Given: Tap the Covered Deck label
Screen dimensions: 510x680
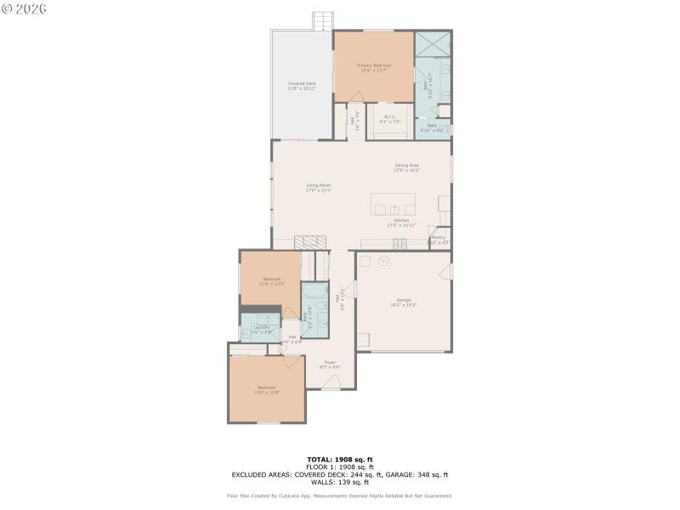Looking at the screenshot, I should pyautogui.click(x=301, y=83).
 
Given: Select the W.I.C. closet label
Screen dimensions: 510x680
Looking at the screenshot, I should pyautogui.click(x=390, y=117).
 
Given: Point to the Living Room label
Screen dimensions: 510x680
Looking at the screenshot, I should pyautogui.click(x=319, y=184).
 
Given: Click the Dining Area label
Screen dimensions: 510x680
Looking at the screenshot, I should pyautogui.click(x=406, y=165).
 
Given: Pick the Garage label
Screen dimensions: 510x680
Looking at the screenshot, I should pyautogui.click(x=404, y=299).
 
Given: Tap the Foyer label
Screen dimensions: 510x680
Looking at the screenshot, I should pyautogui.click(x=330, y=363).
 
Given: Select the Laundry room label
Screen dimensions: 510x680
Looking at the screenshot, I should pyautogui.click(x=261, y=327).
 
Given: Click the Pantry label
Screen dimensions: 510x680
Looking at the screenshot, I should pyautogui.click(x=438, y=238).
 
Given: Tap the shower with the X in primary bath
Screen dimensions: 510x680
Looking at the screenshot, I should pyautogui.click(x=433, y=44).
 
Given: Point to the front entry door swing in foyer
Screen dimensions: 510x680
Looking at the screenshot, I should pyautogui.click(x=331, y=382).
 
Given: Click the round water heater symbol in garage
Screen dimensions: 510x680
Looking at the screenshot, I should pyautogui.click(x=366, y=261).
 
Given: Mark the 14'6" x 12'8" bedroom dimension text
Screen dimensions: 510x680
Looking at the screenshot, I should pyautogui.click(x=267, y=393).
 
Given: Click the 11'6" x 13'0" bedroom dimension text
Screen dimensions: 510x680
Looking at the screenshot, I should pyautogui.click(x=272, y=284).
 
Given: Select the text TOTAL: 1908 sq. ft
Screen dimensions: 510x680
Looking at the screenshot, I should pyautogui.click(x=340, y=459).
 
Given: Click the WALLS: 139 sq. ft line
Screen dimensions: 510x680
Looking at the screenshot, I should pyautogui.click(x=340, y=482).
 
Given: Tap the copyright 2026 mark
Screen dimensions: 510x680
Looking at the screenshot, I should pyautogui.click(x=25, y=8).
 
